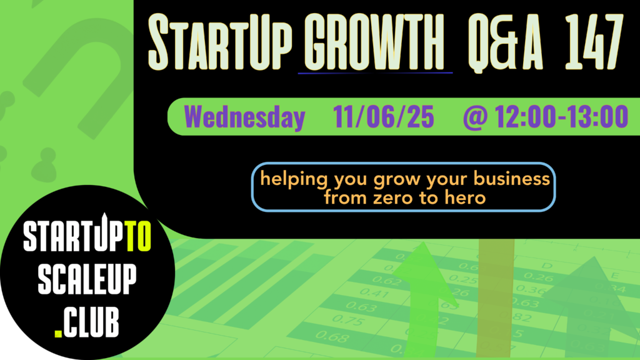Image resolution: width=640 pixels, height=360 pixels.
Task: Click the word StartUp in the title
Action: [220, 42]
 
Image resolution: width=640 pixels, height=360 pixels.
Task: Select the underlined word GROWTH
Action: [374, 42]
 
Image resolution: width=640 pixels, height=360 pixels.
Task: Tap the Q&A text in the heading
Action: [505, 43]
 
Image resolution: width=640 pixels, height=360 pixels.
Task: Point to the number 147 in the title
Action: [594, 42]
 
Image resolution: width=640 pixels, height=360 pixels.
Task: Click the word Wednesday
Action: [244, 117]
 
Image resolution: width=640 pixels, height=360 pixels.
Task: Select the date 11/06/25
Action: [383, 117]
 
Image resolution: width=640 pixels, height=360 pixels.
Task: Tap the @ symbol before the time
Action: [475, 117]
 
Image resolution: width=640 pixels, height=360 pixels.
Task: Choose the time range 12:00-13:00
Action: [562, 117]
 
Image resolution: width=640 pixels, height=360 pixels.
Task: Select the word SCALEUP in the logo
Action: [87, 279]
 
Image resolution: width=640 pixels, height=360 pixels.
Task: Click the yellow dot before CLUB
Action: [58, 334]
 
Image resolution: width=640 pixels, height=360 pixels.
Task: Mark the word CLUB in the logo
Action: [91, 322]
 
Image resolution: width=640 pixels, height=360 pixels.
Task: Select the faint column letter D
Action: [546, 266]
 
